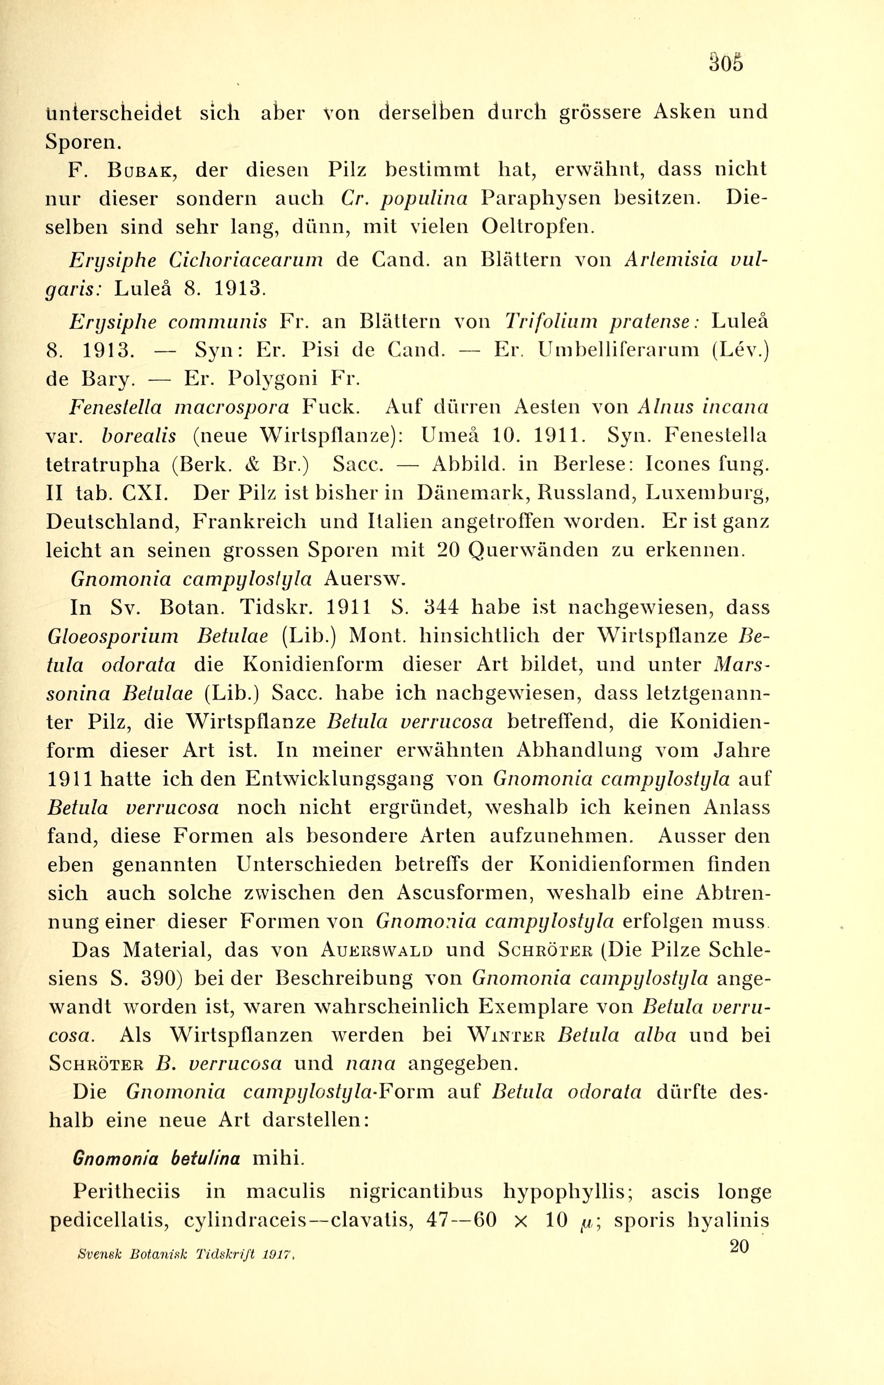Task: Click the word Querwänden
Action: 534,550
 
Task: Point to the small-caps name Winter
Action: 506,1035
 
